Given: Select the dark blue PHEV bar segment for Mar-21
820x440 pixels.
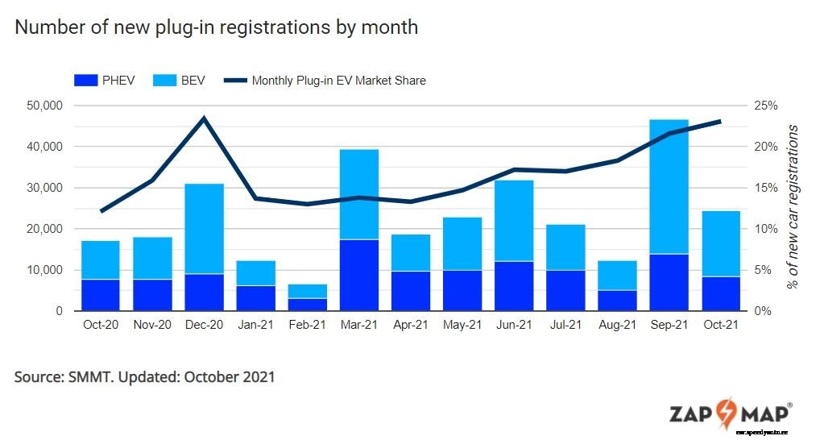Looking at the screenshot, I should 360,275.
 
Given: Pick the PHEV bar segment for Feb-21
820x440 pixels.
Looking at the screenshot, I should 308,305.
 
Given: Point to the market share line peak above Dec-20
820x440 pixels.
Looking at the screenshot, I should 204,118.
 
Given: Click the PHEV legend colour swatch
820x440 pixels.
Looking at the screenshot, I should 85,81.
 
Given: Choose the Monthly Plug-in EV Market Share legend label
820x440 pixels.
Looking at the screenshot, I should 338,81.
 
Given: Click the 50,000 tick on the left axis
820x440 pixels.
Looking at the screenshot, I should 45,106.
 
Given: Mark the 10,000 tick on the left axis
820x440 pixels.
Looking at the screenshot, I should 45,270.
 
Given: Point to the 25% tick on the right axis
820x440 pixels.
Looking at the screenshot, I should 765,106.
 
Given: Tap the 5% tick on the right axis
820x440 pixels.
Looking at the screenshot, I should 762,270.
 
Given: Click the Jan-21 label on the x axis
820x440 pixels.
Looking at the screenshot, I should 256,325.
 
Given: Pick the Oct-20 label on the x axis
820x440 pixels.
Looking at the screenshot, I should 100,325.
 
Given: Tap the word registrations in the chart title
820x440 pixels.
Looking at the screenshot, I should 277,27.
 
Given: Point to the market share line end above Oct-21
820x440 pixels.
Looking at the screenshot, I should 719,122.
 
